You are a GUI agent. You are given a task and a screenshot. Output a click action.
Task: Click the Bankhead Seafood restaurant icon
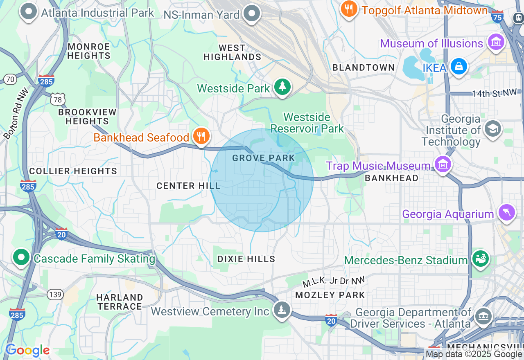201,136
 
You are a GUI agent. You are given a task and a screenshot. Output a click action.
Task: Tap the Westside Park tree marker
282,87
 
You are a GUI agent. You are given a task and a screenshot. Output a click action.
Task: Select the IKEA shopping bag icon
458,66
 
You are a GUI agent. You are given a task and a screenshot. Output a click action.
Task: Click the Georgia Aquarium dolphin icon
506,213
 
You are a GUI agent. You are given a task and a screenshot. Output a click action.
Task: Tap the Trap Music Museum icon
443,164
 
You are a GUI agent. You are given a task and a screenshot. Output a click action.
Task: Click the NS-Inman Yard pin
251,13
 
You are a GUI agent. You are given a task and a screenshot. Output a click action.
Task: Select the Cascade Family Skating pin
21,257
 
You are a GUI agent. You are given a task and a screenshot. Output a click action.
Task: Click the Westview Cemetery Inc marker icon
282,310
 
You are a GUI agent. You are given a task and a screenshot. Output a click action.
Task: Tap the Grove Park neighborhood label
263,158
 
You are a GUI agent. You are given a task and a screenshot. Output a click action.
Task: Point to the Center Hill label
188,186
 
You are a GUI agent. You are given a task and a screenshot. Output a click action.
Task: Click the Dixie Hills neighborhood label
246,259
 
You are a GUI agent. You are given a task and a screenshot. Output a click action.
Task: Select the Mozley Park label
330,295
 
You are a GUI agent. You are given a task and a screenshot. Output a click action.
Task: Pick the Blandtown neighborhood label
364,68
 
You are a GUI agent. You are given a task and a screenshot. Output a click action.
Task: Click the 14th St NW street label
494,93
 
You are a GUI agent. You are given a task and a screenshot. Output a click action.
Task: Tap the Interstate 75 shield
497,17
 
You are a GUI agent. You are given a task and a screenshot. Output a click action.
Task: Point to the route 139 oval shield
55,294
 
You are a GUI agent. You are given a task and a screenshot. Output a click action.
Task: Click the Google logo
27,350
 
